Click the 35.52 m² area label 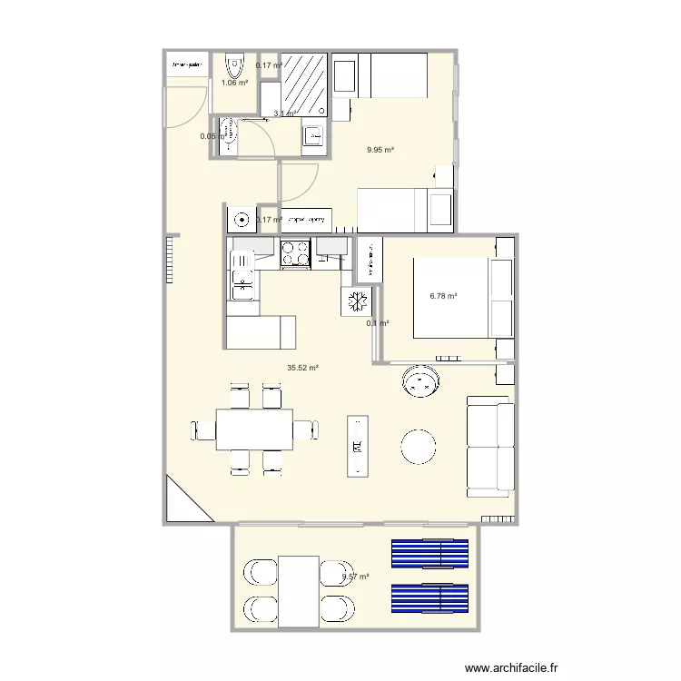302,368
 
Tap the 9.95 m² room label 380,151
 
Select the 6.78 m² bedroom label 442,296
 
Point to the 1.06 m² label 234,83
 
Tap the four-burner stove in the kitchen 294,253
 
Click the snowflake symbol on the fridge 356,301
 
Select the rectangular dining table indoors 254,429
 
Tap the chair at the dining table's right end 306,429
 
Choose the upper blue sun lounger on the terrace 429,553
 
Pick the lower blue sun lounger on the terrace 429,597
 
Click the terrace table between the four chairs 299,591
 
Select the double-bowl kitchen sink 242,277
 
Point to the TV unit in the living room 360,446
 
